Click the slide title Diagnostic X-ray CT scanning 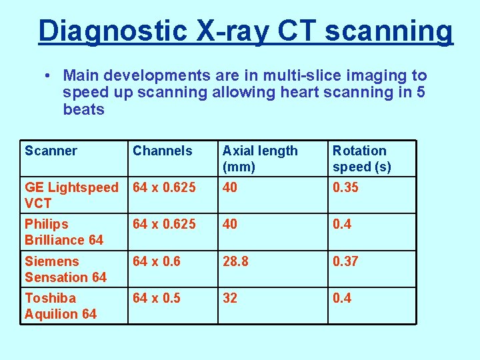pos(245,31)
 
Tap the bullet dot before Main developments pos(51,77)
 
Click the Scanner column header pos(51,151)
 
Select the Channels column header pos(162,151)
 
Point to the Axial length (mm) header pos(260,159)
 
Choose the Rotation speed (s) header pos(361,159)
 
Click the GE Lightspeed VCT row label pos(71,195)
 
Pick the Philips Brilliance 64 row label pos(63,232)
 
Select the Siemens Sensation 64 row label pos(65,269)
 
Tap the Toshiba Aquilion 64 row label pos(60,306)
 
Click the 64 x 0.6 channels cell pos(157,262)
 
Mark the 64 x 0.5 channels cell pos(157,299)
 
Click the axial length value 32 pos(230,299)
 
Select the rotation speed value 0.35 pos(345,188)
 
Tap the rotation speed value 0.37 pos(345,262)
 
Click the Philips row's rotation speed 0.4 pos(341,225)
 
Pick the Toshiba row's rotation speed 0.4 pos(341,299)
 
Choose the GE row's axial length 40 pos(230,188)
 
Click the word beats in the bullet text pos(83,109)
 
